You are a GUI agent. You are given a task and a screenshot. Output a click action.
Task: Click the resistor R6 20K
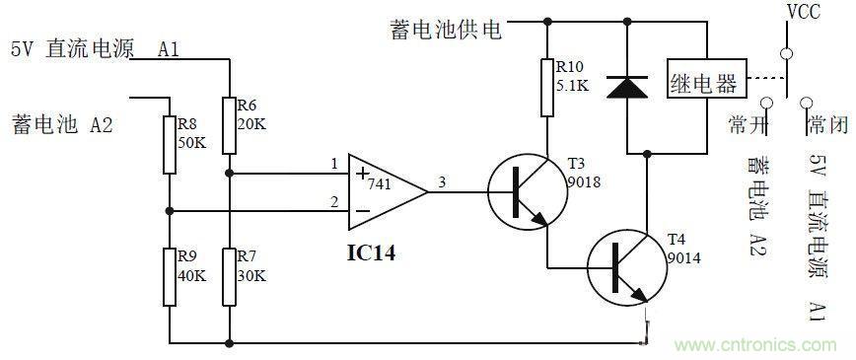(228, 125)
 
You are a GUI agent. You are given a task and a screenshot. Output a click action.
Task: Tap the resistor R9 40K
(170, 276)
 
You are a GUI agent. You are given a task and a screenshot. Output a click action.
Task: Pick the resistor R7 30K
(228, 276)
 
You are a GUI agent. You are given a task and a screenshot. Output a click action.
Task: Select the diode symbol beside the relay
(626, 87)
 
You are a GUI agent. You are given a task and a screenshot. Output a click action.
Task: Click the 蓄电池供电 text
(446, 30)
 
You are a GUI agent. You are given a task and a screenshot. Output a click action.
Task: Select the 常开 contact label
(748, 123)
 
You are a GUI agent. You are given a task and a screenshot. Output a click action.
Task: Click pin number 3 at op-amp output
(441, 181)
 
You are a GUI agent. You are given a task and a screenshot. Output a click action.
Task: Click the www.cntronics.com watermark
(759, 345)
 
